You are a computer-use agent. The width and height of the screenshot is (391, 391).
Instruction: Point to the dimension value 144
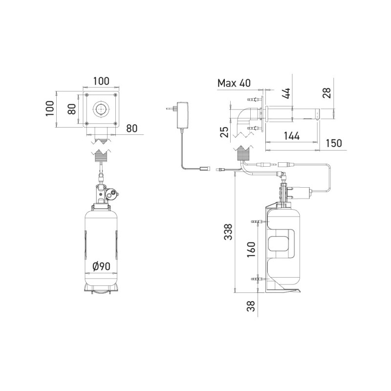(291, 136)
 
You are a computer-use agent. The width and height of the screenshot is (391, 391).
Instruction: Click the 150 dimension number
(333, 143)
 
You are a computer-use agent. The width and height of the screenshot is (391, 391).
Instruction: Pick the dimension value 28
(327, 92)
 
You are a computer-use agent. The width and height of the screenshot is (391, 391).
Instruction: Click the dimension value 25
(224, 131)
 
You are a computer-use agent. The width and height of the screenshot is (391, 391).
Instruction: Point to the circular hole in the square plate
(101, 109)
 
